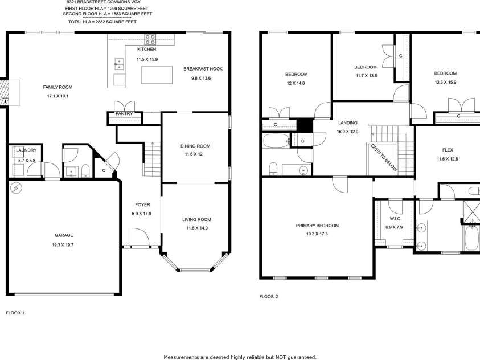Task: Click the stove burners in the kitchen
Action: [x=150, y=39]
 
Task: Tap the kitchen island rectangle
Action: [x=157, y=75]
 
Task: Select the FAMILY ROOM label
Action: [x=58, y=87]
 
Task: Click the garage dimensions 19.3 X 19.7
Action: [x=63, y=244]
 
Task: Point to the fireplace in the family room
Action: [x=10, y=92]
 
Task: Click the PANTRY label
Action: [x=124, y=113]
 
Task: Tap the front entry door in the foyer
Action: [x=140, y=237]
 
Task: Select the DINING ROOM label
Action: [x=195, y=146]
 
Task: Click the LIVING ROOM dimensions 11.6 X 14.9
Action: [x=197, y=228]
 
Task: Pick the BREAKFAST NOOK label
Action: [x=203, y=69]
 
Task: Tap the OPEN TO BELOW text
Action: [x=384, y=158]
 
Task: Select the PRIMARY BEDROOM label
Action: [x=317, y=226]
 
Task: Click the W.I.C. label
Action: [x=396, y=219]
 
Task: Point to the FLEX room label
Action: [x=448, y=150]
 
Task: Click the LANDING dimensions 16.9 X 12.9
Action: [x=348, y=132]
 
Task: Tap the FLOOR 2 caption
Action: [x=268, y=296]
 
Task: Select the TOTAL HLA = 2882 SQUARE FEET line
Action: [x=102, y=22]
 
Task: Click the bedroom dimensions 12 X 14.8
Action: [x=296, y=83]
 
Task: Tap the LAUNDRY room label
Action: [x=26, y=150]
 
